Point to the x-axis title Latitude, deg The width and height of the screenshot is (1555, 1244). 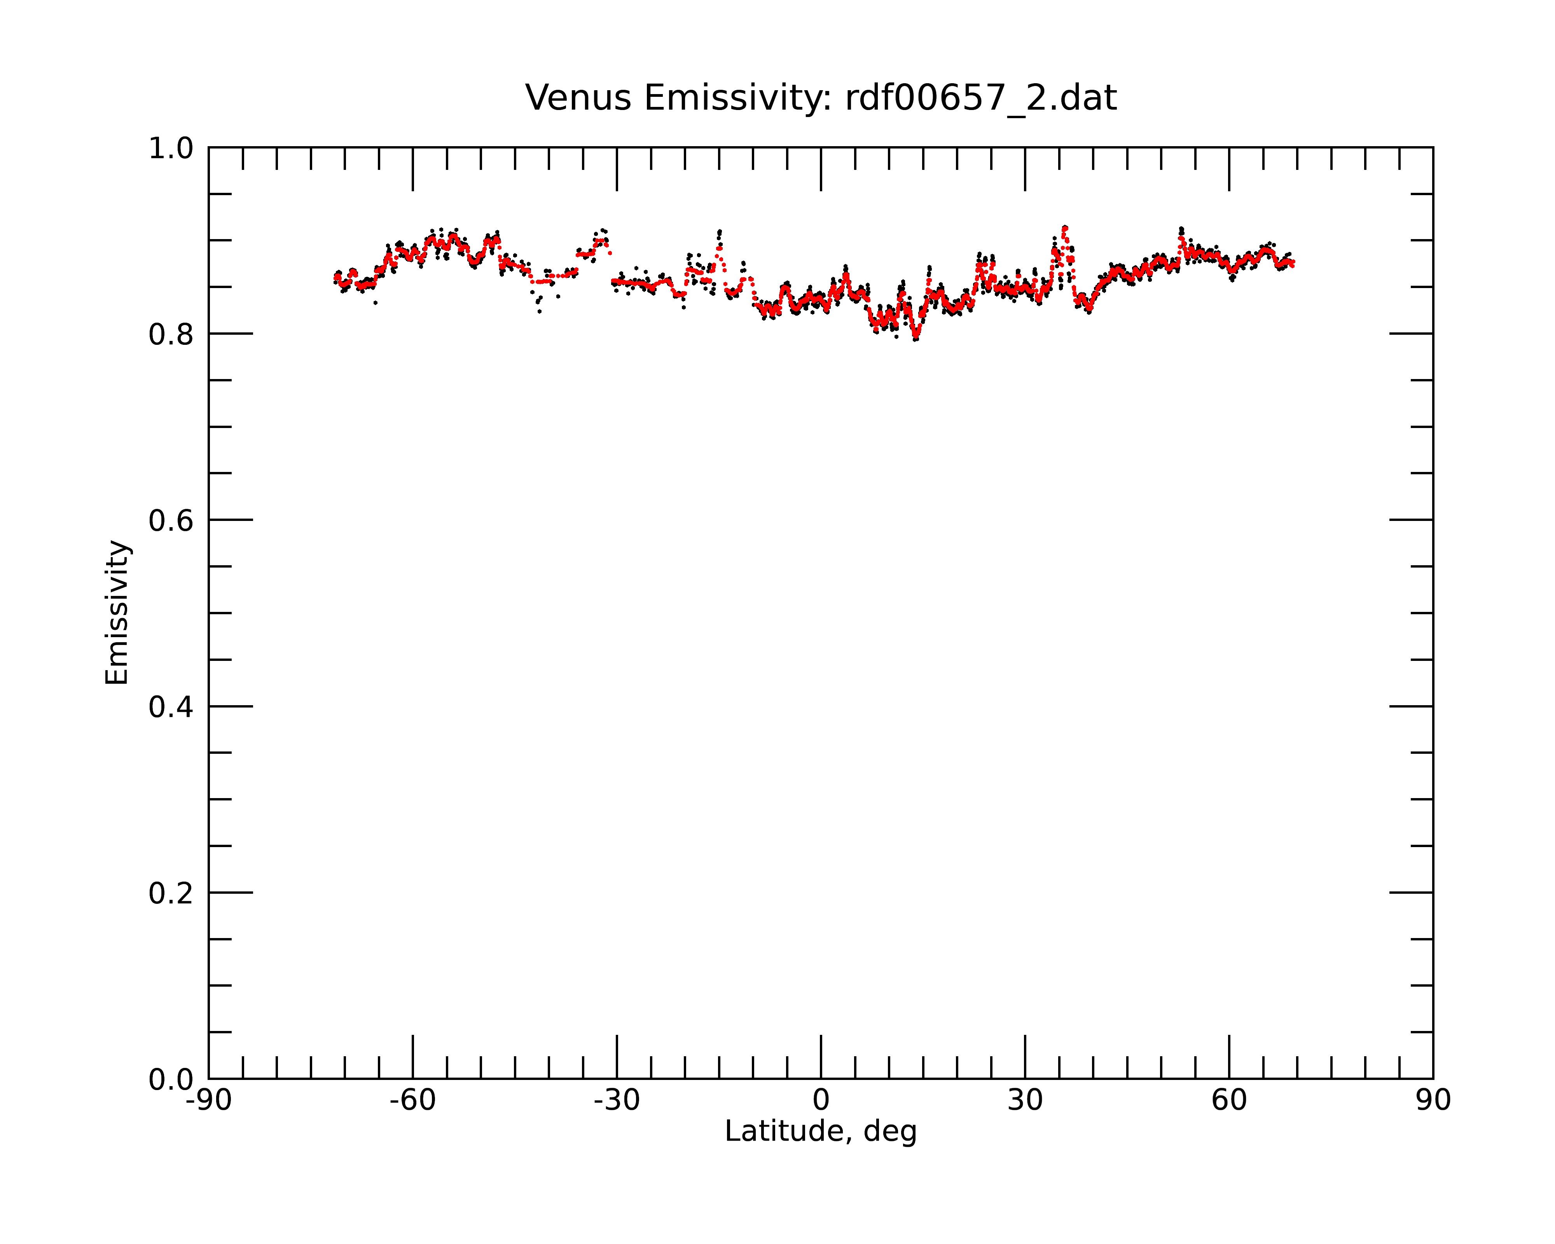(x=821, y=1132)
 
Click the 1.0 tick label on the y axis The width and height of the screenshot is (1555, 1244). (x=171, y=149)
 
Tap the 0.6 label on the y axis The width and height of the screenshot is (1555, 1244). (x=171, y=521)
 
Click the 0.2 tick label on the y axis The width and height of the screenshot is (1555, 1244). (x=171, y=893)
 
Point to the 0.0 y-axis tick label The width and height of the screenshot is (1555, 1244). (x=171, y=1080)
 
